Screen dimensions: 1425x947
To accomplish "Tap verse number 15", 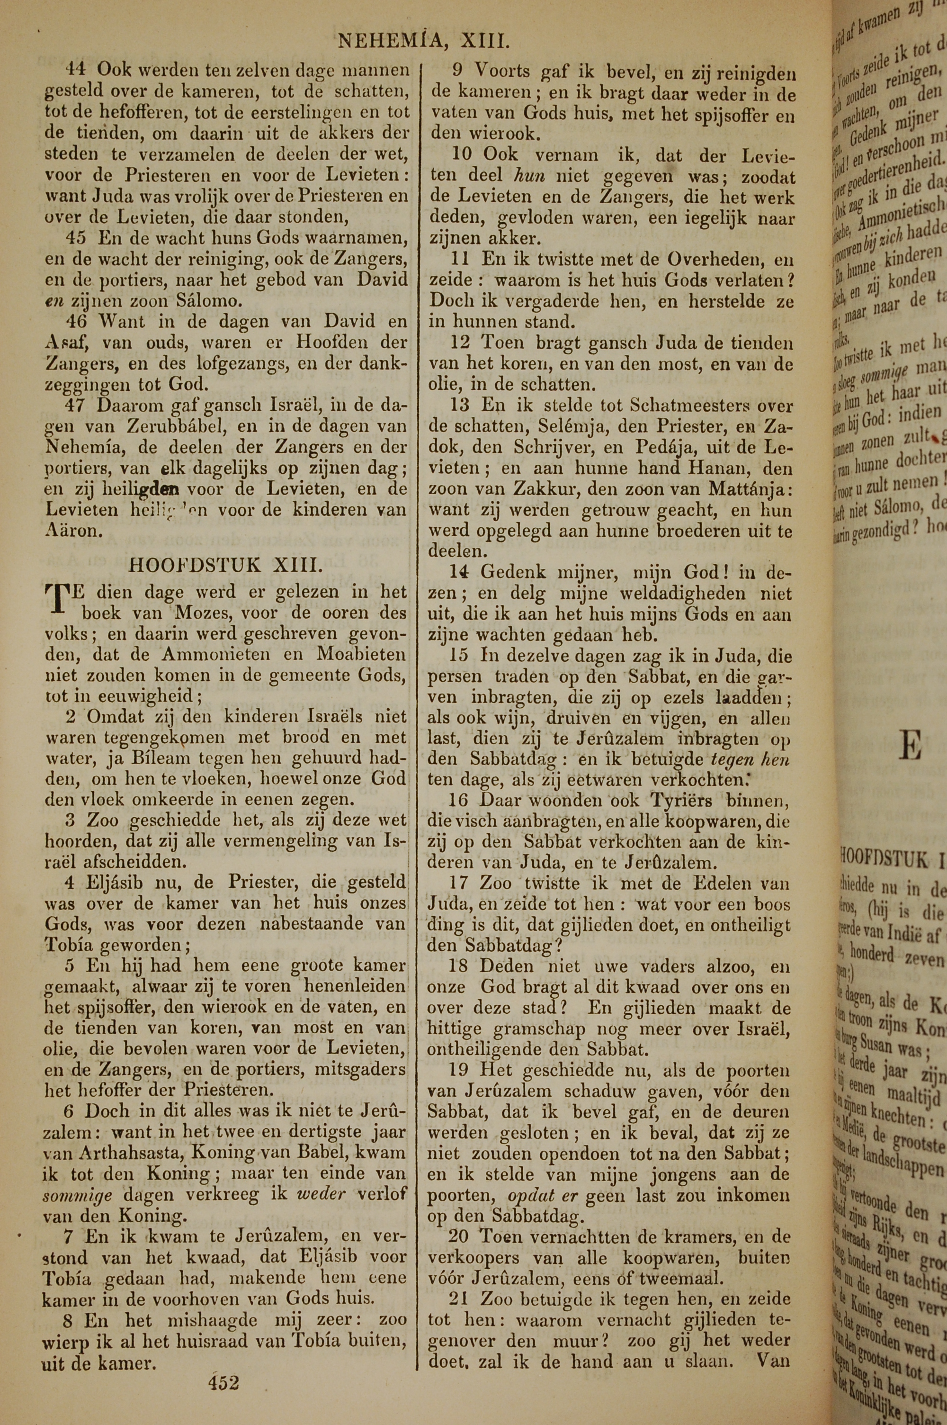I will pos(461,656).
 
